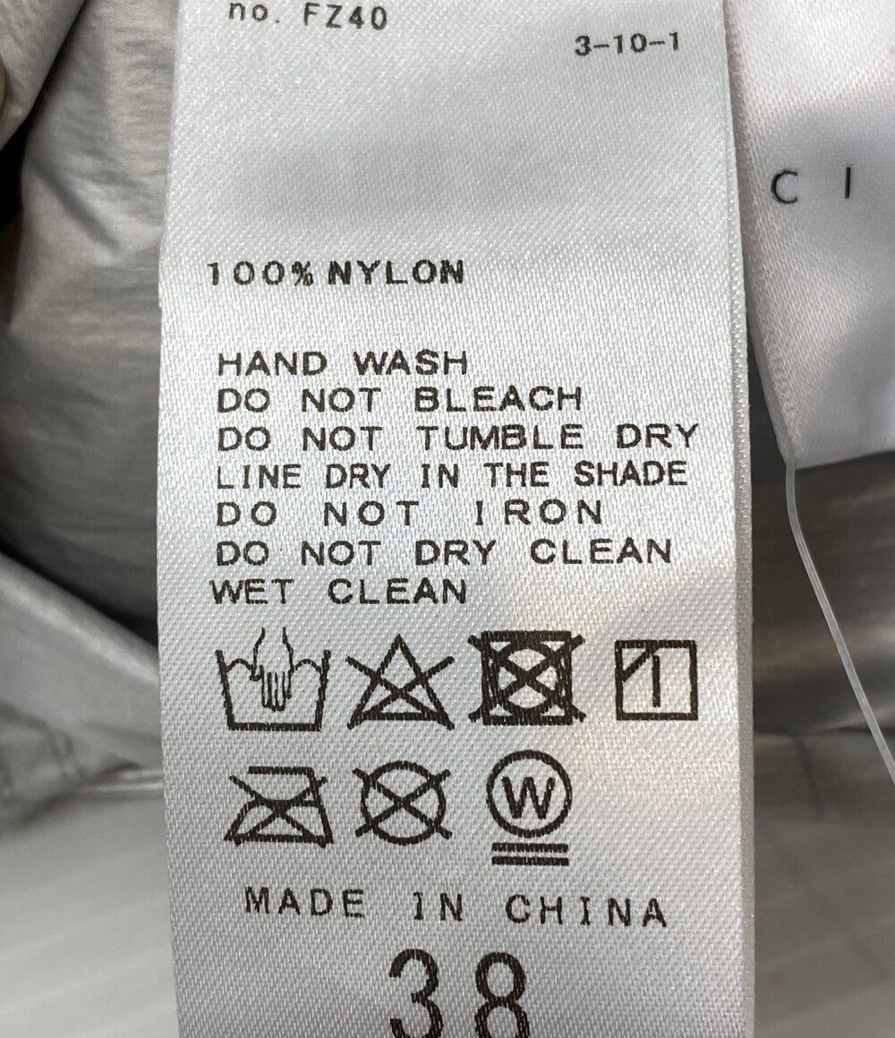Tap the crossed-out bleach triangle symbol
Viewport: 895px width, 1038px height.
(401, 682)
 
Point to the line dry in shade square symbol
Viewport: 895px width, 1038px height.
(656, 680)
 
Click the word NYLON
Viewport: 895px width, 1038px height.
(396, 274)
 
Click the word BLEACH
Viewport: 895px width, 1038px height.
(498, 399)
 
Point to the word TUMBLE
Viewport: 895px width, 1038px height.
(501, 438)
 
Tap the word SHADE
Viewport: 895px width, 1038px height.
(629, 474)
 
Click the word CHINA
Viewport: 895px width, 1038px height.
(586, 910)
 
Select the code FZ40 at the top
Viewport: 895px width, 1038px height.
(345, 16)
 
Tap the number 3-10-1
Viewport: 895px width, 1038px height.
(626, 45)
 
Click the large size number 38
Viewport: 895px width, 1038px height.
(459, 994)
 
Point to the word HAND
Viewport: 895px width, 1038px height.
(273, 364)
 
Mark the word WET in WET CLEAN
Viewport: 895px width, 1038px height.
(251, 591)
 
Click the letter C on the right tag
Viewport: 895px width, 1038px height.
(787, 187)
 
